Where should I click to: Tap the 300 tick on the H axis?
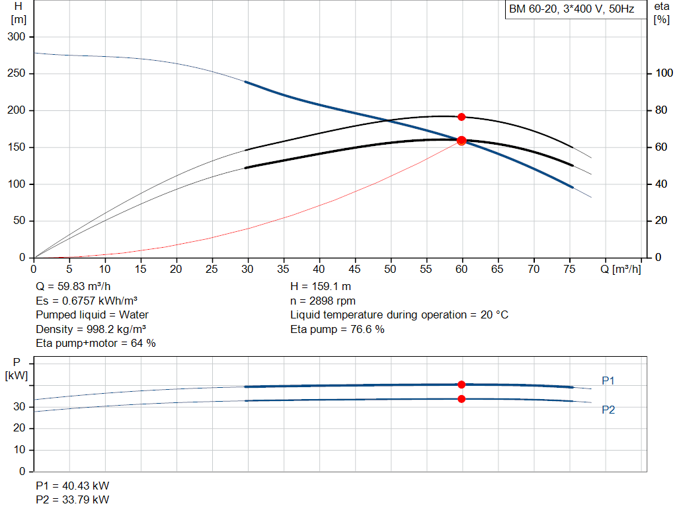17,37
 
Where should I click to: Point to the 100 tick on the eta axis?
664,73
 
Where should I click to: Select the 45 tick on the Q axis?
354,269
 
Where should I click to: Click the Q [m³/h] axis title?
620,269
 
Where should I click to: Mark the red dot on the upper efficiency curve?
461,117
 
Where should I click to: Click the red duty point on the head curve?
461,141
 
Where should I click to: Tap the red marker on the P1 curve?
461,385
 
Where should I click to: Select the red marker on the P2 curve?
461,399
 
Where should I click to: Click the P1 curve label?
608,381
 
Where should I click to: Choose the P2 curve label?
608,410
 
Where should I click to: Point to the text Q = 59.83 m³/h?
73,287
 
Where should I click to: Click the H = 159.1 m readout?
321,287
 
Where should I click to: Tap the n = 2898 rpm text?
323,301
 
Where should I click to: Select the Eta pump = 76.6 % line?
337,329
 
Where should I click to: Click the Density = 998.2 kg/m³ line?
91,329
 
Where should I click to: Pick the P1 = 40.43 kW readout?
73,486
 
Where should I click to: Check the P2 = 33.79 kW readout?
73,499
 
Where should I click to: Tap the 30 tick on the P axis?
19,407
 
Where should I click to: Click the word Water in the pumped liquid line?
134,315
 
